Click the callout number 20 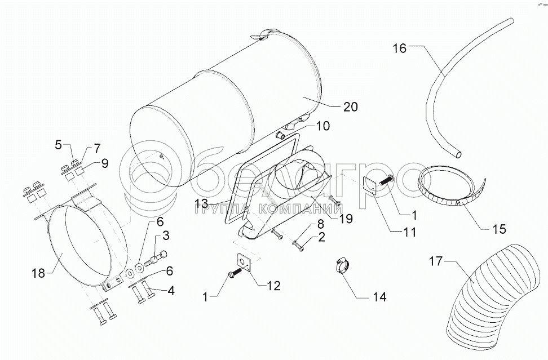point(350,107)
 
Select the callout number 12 point(273,286)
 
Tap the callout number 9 point(104,163)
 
